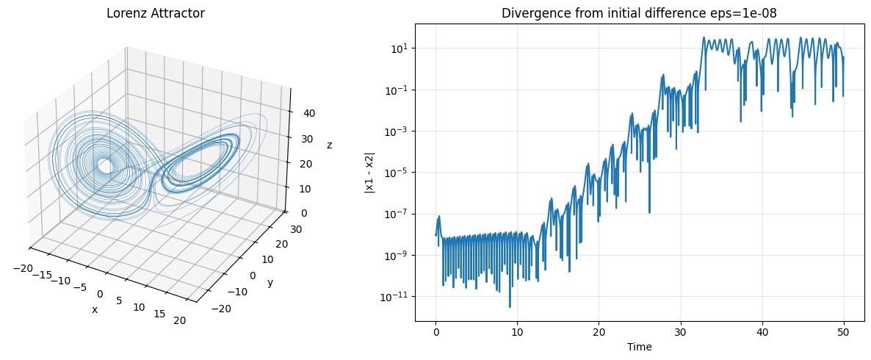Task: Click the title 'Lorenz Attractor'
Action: [x=155, y=13]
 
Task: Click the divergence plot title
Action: [x=639, y=13]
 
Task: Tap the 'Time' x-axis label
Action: [x=639, y=347]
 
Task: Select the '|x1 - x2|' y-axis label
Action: [x=370, y=173]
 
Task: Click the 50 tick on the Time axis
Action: [x=844, y=332]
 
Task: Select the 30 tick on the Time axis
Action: [x=681, y=332]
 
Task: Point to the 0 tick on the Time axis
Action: [x=435, y=332]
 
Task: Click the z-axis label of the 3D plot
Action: [x=329, y=145]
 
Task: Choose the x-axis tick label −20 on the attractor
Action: [x=23, y=268]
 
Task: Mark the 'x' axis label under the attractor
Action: [x=94, y=309]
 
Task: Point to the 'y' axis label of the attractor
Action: [x=270, y=283]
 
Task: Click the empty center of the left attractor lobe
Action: [x=106, y=167]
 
